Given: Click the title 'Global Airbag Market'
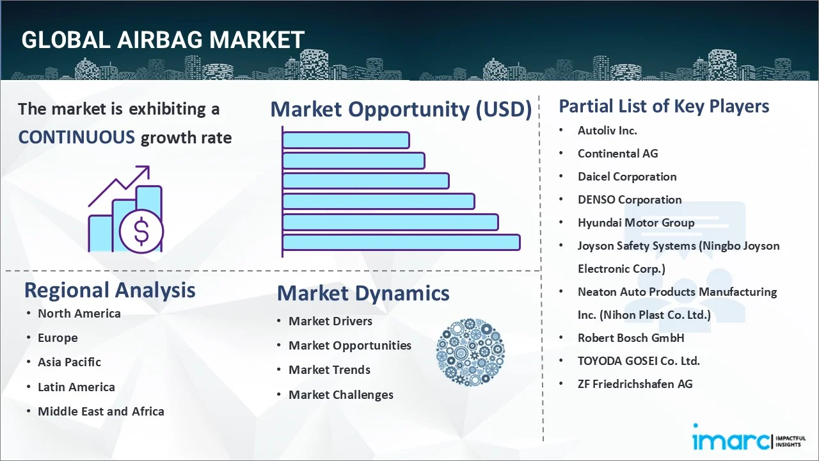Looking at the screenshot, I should pos(163,40).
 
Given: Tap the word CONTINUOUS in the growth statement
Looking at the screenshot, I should pos(76,137).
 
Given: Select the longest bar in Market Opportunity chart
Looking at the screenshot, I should pos(401,242).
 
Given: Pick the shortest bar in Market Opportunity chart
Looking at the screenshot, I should pos(346,140).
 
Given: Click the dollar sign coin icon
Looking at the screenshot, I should pos(141,231).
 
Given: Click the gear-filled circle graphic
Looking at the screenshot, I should pos(470,353).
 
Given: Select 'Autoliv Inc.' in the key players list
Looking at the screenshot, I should pos(607,131).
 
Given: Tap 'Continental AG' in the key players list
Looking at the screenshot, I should pos(617,154).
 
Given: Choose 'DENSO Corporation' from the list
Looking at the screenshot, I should pos(630,200).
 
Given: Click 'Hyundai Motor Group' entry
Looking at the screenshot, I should pos(635,223).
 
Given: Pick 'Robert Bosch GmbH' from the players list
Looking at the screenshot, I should pos(631,337).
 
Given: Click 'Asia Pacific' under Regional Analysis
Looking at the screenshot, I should pos(69,362).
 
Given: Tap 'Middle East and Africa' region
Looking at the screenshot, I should pos(100,412).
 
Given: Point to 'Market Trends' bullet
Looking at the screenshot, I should pos(329,370).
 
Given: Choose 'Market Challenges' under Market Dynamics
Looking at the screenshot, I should pos(340,395).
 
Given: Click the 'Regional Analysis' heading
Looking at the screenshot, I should pos(109,290).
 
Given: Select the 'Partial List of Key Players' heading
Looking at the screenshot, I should pos(664,106).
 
